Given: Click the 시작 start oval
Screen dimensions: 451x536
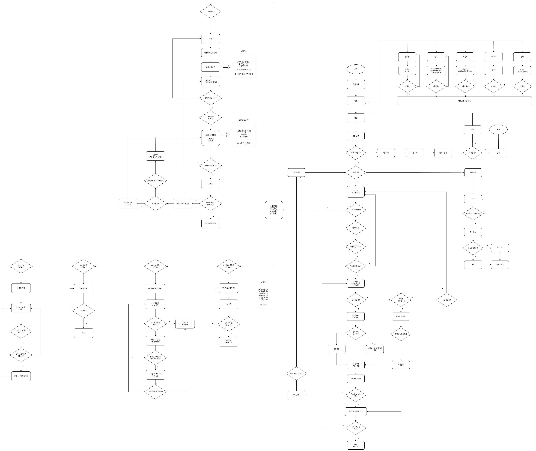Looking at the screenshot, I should tap(356, 69).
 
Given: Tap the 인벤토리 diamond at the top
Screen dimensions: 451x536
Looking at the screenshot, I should tap(210, 11).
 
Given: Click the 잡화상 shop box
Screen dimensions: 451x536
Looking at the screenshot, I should tap(407, 57).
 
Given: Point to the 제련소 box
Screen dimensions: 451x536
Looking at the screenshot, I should tap(465, 57).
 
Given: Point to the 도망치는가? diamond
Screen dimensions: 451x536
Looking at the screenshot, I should tap(446, 300).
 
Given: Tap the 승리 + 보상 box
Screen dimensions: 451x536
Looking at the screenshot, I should tap(296, 395).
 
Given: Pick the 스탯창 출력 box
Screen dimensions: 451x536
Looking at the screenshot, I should tap(21, 288).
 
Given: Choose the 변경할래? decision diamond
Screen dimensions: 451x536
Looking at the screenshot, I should tap(156, 204).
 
